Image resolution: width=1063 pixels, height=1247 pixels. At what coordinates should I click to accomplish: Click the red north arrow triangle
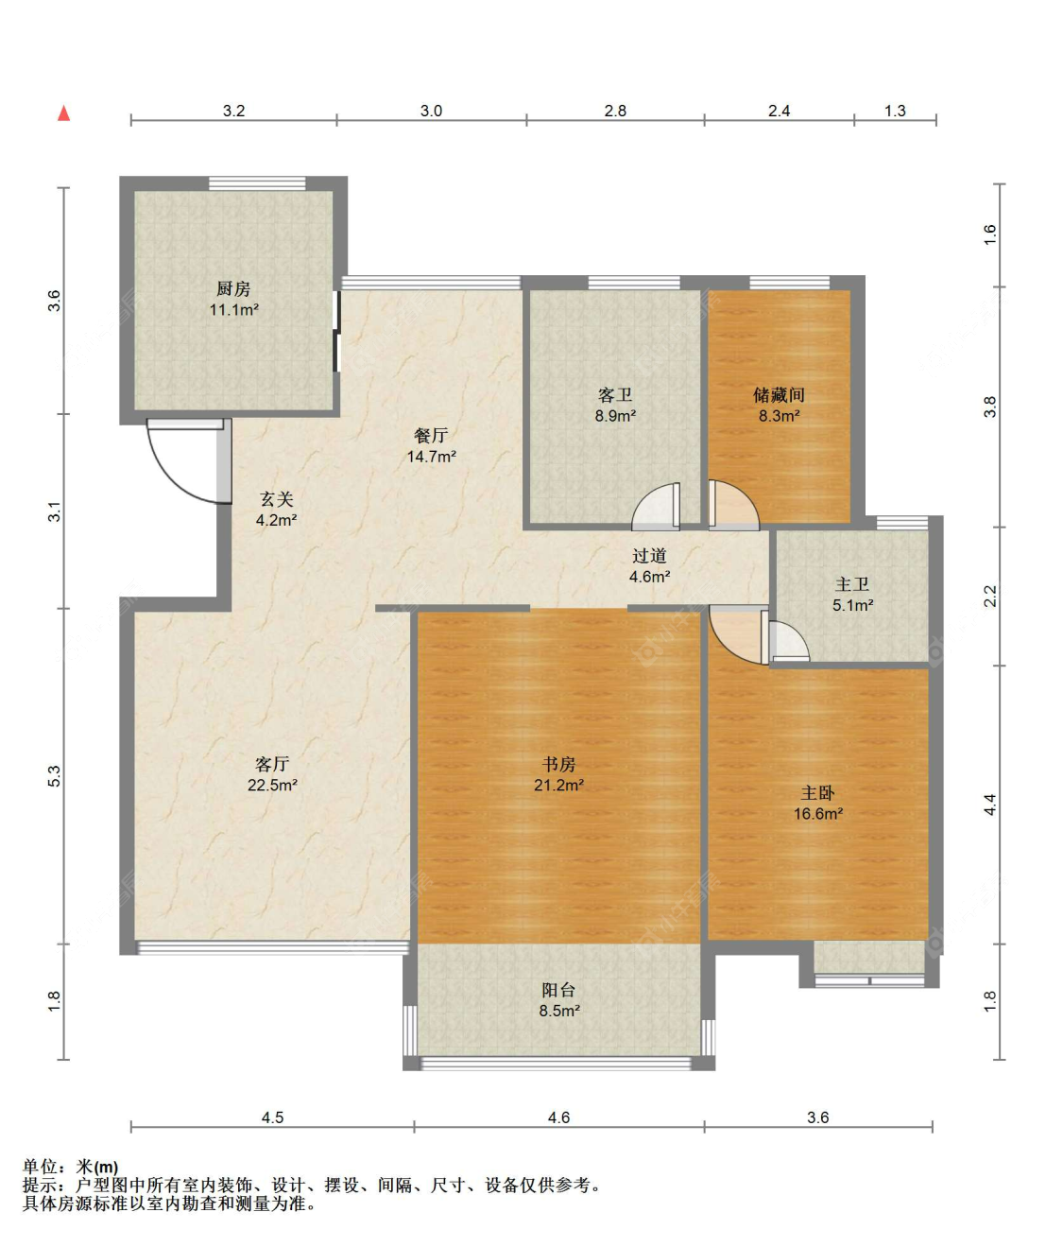click(x=64, y=113)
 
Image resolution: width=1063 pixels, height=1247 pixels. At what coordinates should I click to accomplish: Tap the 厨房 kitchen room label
click(x=233, y=288)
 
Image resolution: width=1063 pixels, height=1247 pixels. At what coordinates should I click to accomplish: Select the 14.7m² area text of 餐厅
click(x=431, y=457)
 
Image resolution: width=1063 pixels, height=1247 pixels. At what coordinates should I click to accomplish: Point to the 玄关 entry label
click(x=277, y=499)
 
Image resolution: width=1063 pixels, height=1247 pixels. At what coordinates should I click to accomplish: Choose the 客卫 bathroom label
click(x=615, y=395)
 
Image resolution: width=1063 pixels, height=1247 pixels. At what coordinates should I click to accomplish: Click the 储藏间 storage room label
click(x=779, y=395)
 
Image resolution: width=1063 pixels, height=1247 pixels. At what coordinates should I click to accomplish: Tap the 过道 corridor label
click(x=649, y=556)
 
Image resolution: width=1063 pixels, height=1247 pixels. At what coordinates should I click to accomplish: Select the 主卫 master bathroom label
click(x=852, y=585)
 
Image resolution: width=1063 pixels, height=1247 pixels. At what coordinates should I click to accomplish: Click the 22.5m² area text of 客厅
click(x=272, y=785)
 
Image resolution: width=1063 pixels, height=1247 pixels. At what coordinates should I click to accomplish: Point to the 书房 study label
click(x=558, y=764)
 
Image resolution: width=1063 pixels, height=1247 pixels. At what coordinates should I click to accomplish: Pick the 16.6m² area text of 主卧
click(x=817, y=814)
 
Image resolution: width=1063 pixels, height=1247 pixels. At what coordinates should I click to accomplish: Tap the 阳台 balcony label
click(x=558, y=990)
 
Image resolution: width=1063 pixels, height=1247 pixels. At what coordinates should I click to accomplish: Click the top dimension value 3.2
click(x=233, y=111)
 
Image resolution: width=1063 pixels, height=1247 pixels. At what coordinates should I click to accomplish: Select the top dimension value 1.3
click(x=895, y=111)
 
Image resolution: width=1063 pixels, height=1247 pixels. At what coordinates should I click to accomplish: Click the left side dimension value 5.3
click(x=54, y=776)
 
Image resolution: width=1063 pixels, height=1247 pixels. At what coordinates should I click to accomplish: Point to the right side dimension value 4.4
click(x=989, y=805)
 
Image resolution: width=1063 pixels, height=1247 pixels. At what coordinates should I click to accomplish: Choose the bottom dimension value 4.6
click(x=558, y=1117)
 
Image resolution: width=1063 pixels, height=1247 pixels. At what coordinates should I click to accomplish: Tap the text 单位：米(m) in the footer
click(x=71, y=1167)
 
